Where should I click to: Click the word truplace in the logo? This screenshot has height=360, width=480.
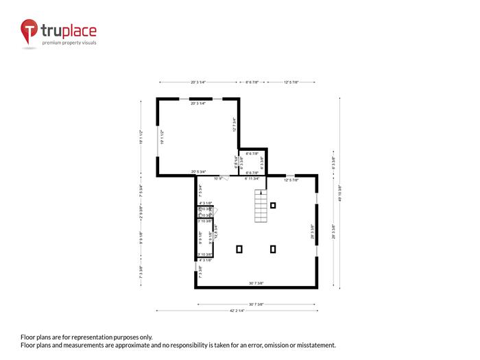click(69, 31)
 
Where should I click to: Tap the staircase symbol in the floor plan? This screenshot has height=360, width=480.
click(261, 205)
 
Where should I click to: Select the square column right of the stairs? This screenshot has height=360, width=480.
click(274, 205)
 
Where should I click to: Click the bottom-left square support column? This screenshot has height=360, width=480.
click(239, 249)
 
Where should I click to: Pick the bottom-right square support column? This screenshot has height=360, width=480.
click(274, 249)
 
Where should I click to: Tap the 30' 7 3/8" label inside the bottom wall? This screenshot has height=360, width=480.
click(256, 283)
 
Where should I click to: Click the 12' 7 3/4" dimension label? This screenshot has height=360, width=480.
click(234, 125)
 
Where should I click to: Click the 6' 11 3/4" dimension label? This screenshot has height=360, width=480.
click(252, 178)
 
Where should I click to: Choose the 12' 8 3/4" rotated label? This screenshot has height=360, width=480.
click(215, 232)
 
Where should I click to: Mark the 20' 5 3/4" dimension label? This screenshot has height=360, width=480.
click(199, 171)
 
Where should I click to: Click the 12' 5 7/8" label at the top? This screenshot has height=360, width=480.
click(291, 83)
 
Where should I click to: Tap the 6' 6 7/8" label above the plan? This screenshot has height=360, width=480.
click(252, 83)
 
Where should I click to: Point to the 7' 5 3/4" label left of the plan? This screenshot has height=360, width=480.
click(141, 190)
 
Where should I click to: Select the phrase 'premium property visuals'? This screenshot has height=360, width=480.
click(69, 43)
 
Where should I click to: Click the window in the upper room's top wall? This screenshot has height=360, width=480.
click(199, 99)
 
